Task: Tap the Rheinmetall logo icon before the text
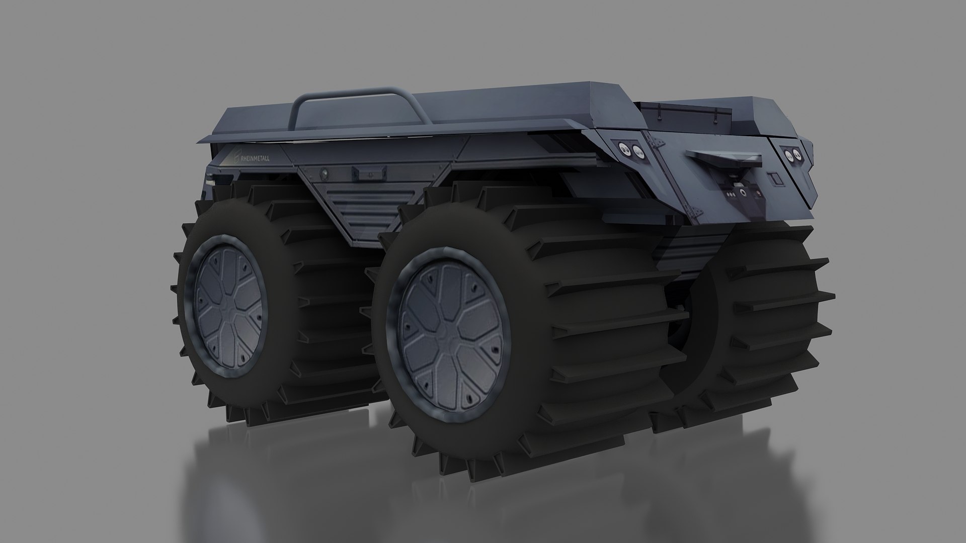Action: tap(234, 157)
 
